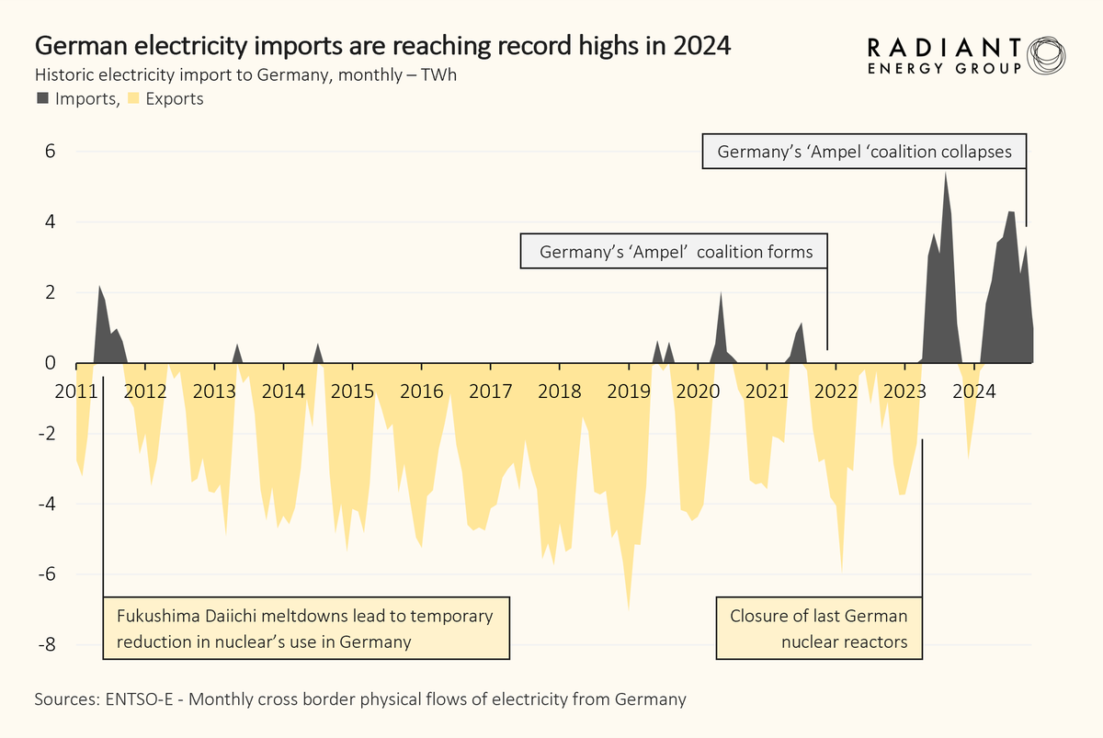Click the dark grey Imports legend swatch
point(43,97)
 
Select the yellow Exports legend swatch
point(133,97)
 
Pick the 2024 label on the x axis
point(973,391)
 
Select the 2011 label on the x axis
point(75,391)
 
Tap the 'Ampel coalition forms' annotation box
point(675,251)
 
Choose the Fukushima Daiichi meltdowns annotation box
point(305,630)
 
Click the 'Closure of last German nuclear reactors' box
point(818,630)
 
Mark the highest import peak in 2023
point(946,174)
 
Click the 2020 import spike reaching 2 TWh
point(721,293)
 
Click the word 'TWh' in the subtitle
point(438,74)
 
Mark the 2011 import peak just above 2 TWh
point(99,287)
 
